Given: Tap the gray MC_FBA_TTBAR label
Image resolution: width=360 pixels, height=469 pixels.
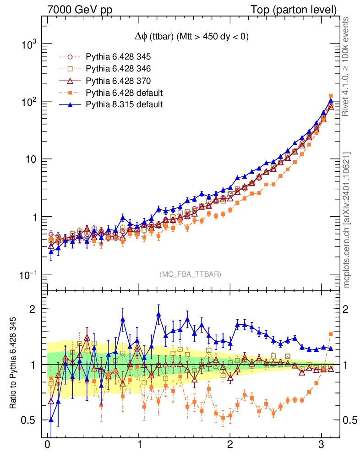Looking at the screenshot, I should pyautogui.click(x=191, y=274).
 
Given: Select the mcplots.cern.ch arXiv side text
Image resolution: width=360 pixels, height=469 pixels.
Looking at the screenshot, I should pyautogui.click(x=347, y=220).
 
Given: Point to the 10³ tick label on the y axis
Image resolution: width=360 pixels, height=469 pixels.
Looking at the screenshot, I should pyautogui.click(x=29, y=44).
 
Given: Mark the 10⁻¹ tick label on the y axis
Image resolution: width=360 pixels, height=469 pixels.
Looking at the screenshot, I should pyautogui.click(x=28, y=275).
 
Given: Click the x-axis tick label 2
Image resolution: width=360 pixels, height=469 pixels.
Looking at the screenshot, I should pyautogui.click(x=230, y=446).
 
